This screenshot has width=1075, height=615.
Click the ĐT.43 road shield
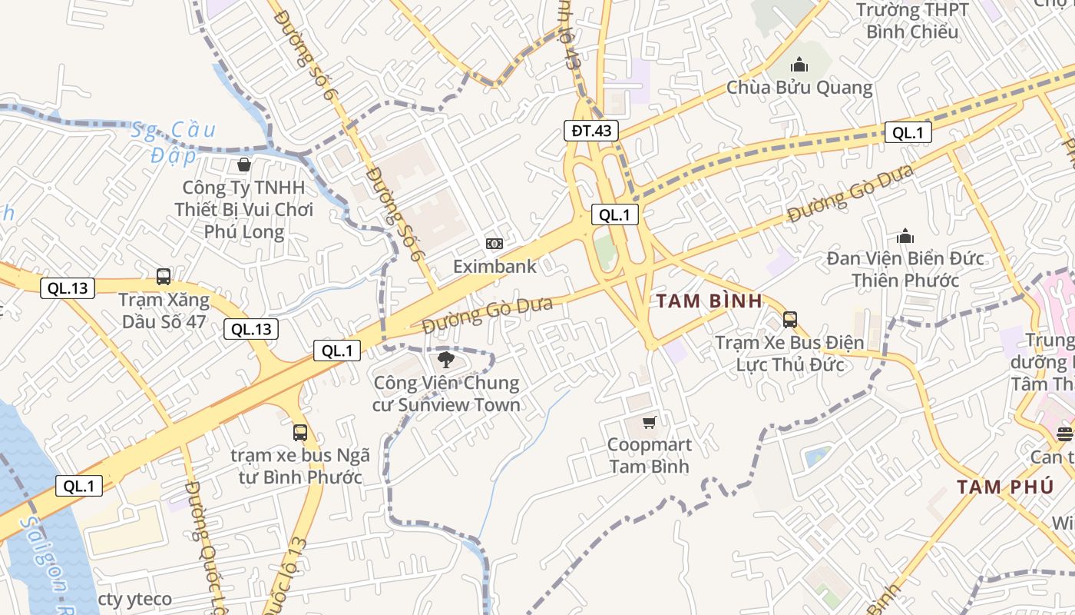click(x=591, y=131)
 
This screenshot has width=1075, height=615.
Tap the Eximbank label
click(x=495, y=267)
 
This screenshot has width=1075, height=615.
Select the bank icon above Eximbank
click(x=495, y=244)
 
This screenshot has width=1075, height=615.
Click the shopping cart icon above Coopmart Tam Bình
click(x=650, y=422)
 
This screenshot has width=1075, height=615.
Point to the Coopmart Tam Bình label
click(x=650, y=455)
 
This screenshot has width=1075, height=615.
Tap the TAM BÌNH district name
click(x=709, y=301)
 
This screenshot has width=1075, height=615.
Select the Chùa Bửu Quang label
click(x=799, y=88)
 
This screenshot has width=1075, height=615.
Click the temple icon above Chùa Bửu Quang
click(x=799, y=65)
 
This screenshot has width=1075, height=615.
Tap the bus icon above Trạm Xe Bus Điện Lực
click(x=789, y=320)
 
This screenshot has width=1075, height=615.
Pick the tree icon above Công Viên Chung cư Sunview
click(x=445, y=360)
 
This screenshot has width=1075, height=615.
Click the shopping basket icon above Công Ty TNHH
click(x=243, y=165)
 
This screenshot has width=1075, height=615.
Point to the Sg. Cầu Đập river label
click(x=174, y=142)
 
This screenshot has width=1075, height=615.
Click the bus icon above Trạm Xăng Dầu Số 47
click(x=163, y=277)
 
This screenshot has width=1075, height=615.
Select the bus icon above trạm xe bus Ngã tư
click(x=299, y=433)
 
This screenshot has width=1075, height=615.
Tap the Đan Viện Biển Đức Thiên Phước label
click(x=905, y=269)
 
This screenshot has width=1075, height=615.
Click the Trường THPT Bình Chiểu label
click(x=912, y=21)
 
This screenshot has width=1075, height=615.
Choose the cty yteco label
click(x=135, y=599)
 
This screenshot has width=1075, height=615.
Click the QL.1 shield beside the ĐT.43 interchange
click(x=615, y=215)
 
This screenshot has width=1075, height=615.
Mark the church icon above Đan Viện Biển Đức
click(x=905, y=236)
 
